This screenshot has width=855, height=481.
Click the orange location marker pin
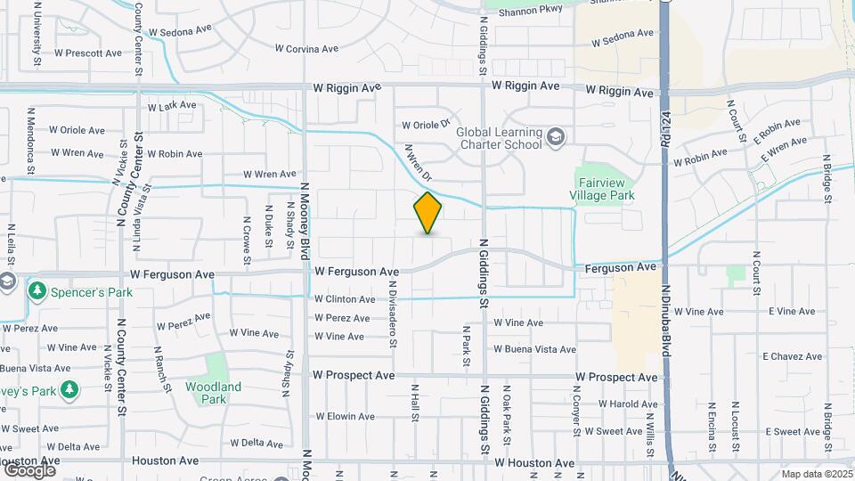pos(427,213)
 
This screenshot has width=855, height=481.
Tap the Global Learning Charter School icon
pos(556,137)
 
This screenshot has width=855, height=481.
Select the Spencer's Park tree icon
pos(37,290)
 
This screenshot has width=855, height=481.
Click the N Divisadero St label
pos(393,314)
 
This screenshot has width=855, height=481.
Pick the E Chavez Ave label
pos(794,356)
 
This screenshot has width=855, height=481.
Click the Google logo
pos(29,470)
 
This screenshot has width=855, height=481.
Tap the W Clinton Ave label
pos(345,299)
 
